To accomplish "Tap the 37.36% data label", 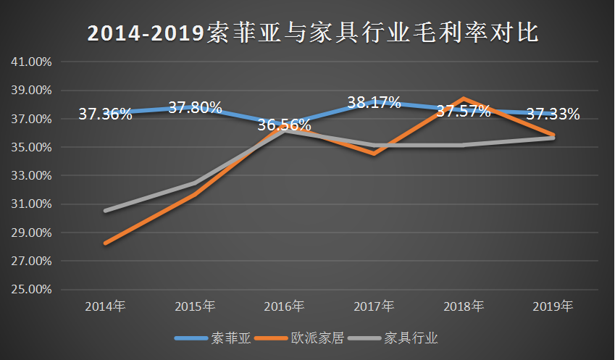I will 105,114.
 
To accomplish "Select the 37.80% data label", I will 195,108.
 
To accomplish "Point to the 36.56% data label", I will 284,125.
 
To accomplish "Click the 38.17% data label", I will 374,102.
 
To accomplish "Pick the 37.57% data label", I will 464,111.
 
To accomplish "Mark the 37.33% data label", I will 553,114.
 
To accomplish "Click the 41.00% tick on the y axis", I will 32,62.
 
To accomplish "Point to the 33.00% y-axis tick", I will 32,175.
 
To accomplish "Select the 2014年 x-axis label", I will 105,306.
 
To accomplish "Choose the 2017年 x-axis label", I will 374,306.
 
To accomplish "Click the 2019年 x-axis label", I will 553,306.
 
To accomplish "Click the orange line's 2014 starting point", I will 106,243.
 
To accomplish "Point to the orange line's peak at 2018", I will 464,99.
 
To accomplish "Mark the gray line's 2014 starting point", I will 106,211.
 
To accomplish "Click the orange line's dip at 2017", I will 374,154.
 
